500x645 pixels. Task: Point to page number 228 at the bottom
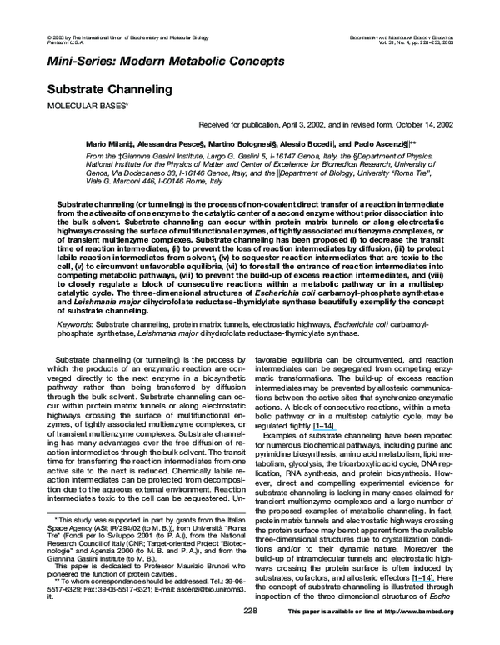point(250,635)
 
